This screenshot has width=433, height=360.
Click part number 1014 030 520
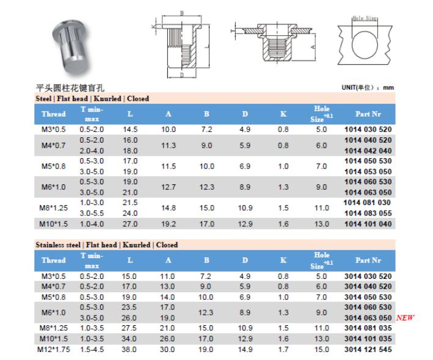368,129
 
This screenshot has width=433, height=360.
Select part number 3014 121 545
368,350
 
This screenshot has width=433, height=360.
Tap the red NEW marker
406,318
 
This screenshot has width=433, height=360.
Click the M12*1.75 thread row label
54,350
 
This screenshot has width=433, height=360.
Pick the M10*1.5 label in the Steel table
53,224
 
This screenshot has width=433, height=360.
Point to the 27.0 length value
130,224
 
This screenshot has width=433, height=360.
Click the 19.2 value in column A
169,224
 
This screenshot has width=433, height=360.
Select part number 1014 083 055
368,213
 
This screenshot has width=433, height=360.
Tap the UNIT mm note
368,88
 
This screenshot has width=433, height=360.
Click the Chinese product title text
70,88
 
